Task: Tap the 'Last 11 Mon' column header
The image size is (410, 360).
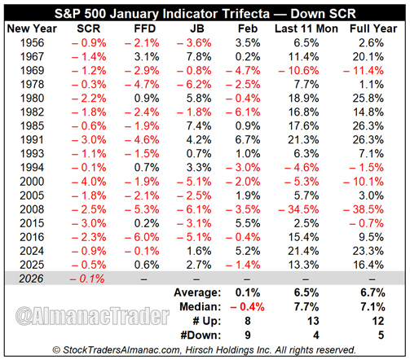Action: [301, 28]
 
